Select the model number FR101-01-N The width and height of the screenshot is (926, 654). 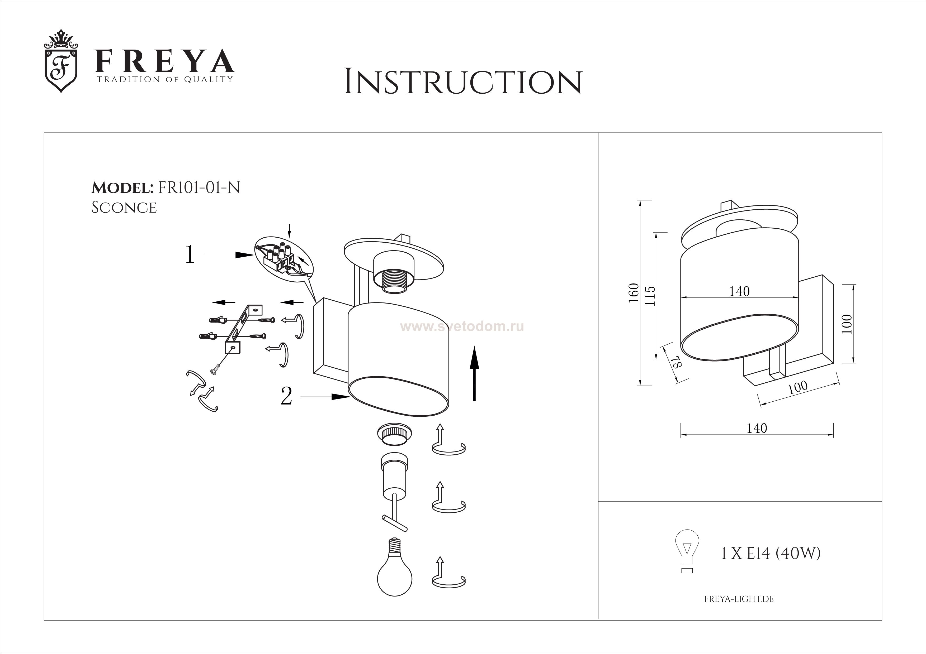[199, 187]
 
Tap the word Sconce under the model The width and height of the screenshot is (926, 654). [124, 208]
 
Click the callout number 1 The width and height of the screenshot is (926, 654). [190, 255]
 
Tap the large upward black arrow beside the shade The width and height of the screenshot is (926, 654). [474, 373]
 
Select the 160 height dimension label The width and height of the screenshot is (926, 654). [634, 293]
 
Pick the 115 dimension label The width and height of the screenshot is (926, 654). [650, 296]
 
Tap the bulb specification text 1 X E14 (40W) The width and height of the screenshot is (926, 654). [770, 554]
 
